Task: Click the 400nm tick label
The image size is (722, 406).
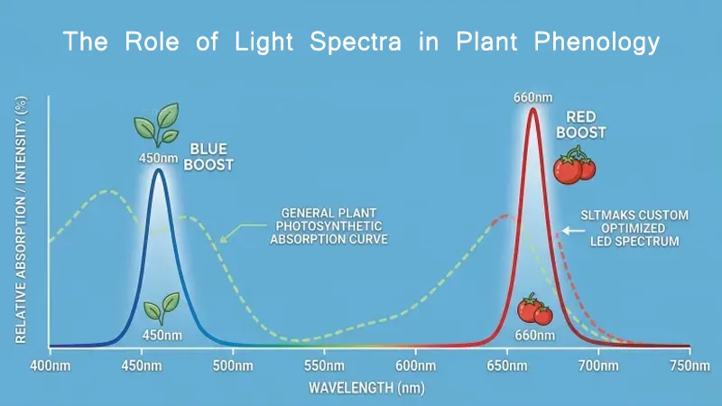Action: pyautogui.click(x=50, y=366)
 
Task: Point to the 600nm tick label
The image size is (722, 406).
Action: pyautogui.click(x=416, y=366)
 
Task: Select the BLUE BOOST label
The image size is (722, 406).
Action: pyautogui.click(x=211, y=158)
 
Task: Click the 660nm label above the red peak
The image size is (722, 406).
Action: pyautogui.click(x=532, y=97)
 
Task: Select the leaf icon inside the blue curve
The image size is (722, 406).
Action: pyautogui.click(x=162, y=308)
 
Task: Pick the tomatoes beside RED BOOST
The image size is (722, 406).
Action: pyautogui.click(x=575, y=165)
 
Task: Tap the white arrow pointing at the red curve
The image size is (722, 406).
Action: pyautogui.click(x=572, y=231)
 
